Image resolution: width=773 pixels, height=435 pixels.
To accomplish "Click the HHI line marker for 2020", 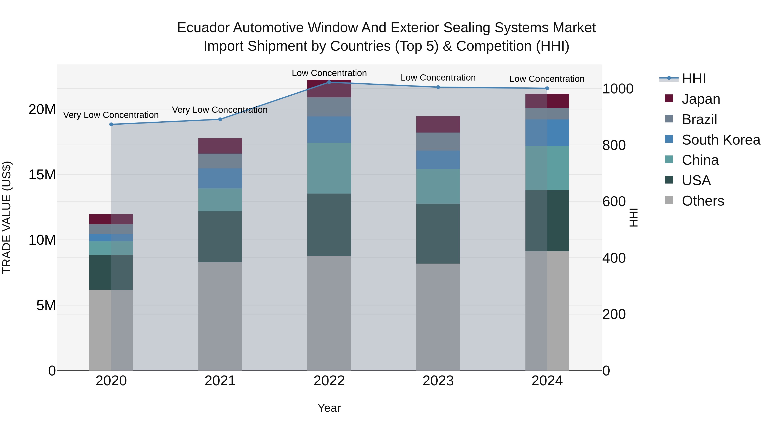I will coord(111,124).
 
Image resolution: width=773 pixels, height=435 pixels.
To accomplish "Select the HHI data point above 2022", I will coord(329,82).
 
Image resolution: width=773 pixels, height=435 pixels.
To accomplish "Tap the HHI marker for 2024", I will coord(547,88).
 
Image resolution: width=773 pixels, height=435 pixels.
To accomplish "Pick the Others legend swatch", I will coord(669,200).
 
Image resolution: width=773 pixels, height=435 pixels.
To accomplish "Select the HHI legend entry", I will coord(694,79).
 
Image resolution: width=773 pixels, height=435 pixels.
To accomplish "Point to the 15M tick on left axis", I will coord(42,175).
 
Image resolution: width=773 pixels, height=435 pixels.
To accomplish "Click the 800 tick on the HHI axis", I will coord(614,145).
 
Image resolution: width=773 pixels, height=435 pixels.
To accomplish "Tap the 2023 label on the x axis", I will coord(438,381).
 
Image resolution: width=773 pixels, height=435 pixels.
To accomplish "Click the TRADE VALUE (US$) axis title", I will coord(7,217).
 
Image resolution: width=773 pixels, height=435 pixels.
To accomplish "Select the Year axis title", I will coord(329,408).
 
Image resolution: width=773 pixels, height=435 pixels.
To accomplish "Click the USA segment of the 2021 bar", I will coord(220,237).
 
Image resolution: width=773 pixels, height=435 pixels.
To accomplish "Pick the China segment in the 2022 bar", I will coord(329,168).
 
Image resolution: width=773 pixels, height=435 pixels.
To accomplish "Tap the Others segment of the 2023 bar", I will coord(438,317).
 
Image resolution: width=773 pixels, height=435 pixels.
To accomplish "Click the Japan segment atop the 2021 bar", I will coord(220,146).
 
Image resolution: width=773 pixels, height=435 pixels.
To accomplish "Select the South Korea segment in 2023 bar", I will coord(438,160).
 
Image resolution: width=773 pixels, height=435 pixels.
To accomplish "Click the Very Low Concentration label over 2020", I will coord(111,115).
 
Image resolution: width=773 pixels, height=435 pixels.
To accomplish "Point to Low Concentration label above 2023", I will coord(438,78).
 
